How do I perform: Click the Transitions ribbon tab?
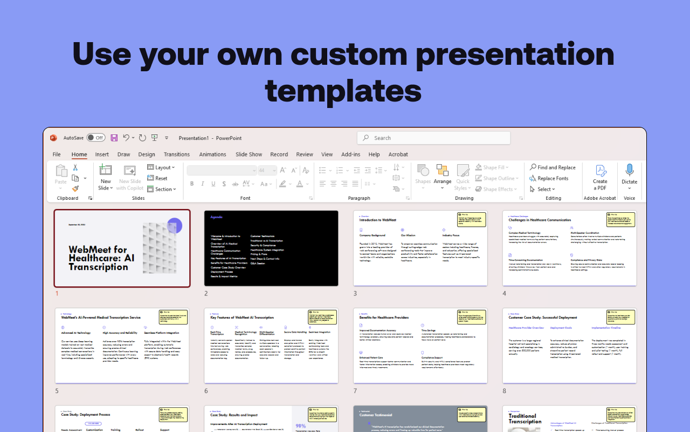click(x=177, y=154)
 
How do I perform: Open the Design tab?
click(x=146, y=154)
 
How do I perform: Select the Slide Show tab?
click(x=249, y=154)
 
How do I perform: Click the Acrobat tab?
click(x=398, y=154)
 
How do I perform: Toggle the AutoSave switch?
click(x=96, y=138)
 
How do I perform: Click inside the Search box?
click(x=433, y=138)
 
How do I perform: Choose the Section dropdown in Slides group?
click(x=162, y=189)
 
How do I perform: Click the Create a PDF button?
click(x=600, y=177)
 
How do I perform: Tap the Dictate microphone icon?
click(x=629, y=171)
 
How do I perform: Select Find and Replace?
click(x=553, y=167)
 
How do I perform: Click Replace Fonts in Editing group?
click(x=549, y=178)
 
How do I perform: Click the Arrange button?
click(x=443, y=174)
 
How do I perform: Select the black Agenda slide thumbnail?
click(x=271, y=248)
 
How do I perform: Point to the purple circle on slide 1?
click(x=175, y=225)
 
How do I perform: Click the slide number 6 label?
click(x=206, y=391)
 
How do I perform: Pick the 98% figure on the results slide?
click(x=300, y=426)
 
